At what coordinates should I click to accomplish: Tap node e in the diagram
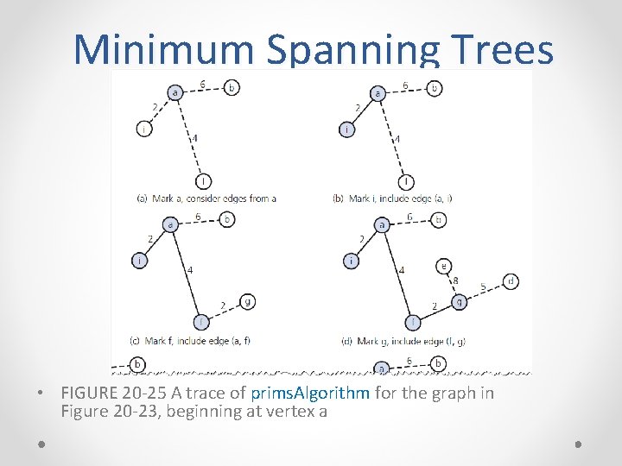443,266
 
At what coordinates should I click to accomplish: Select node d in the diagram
511,281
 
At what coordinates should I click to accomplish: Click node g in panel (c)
248,301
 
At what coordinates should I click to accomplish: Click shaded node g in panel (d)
459,302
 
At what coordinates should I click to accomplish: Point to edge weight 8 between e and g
455,280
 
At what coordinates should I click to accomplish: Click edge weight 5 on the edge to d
482,286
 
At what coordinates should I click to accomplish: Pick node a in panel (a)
175,91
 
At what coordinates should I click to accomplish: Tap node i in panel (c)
138,259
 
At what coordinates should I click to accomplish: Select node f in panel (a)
202,181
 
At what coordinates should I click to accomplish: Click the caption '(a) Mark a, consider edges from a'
206,198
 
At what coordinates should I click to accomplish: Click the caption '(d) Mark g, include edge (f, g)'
399,342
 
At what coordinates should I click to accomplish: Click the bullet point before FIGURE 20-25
41,394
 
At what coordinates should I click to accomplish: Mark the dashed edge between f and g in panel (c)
225,312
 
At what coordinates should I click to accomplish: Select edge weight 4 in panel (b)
397,139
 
